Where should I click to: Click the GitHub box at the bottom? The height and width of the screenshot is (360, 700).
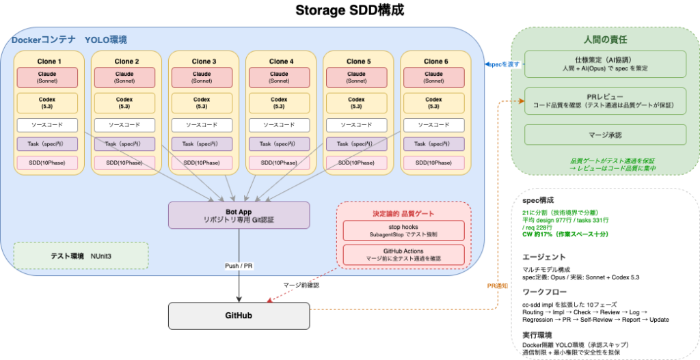pyautogui.click(x=239, y=316)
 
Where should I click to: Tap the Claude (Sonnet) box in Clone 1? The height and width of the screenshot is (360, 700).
pyautogui.click(x=47, y=77)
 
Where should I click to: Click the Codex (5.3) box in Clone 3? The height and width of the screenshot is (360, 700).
pyautogui.click(x=202, y=102)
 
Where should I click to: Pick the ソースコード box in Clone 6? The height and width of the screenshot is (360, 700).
pyautogui.click(x=434, y=125)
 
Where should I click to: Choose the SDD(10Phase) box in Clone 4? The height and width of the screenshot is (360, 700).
pyautogui.click(x=279, y=163)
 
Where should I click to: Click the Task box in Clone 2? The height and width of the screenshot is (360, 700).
pyautogui.click(x=124, y=143)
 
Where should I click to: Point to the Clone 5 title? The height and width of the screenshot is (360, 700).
pyautogui.click(x=356, y=61)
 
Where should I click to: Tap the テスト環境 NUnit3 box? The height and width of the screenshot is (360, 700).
pyautogui.click(x=81, y=255)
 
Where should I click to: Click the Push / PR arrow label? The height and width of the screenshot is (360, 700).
pyautogui.click(x=239, y=266)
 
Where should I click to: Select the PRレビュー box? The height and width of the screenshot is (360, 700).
pyautogui.click(x=604, y=101)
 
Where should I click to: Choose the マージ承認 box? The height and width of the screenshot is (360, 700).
pyautogui.click(x=604, y=135)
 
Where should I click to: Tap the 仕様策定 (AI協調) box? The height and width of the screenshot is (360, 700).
pyautogui.click(x=604, y=64)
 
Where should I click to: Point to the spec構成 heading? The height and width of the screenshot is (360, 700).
pyautogui.click(x=537, y=201)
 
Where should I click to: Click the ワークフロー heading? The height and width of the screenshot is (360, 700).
pyautogui.click(x=541, y=291)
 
